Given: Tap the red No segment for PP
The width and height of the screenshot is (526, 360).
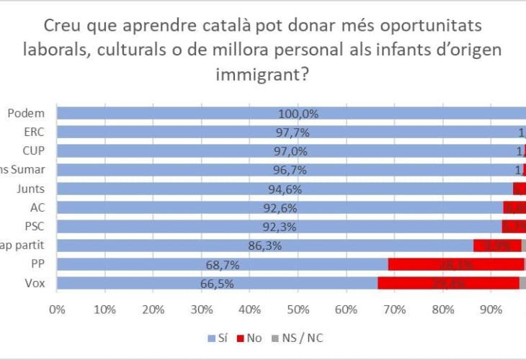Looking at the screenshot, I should (455, 264).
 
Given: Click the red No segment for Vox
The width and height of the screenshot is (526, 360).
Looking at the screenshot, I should (447, 283).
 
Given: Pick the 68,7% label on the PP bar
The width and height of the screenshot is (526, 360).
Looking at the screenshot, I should (222, 265).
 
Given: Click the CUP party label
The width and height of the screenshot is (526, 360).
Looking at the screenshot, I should (35, 150).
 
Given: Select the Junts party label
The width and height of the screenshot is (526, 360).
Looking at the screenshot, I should (32, 188).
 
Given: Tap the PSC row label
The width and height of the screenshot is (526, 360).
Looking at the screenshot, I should (35, 226).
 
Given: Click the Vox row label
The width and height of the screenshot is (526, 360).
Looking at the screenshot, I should (35, 283).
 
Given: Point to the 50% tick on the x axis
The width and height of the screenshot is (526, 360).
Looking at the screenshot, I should (298, 310).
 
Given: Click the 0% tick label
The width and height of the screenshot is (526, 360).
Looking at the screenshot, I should (57, 310).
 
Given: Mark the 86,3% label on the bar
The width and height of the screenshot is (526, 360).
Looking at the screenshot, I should (264, 246).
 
